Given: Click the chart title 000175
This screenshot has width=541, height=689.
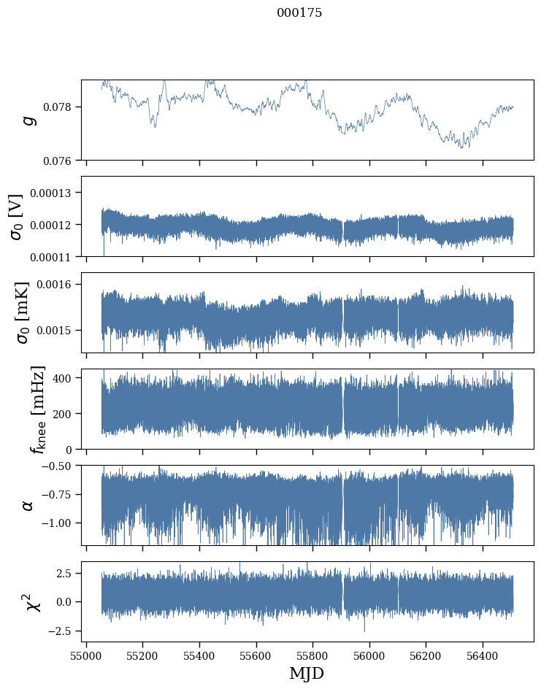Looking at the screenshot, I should click(299, 13).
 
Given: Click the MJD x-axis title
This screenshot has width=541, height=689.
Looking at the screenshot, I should click(307, 674).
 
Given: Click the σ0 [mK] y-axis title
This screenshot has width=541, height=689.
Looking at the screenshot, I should click(16, 312).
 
